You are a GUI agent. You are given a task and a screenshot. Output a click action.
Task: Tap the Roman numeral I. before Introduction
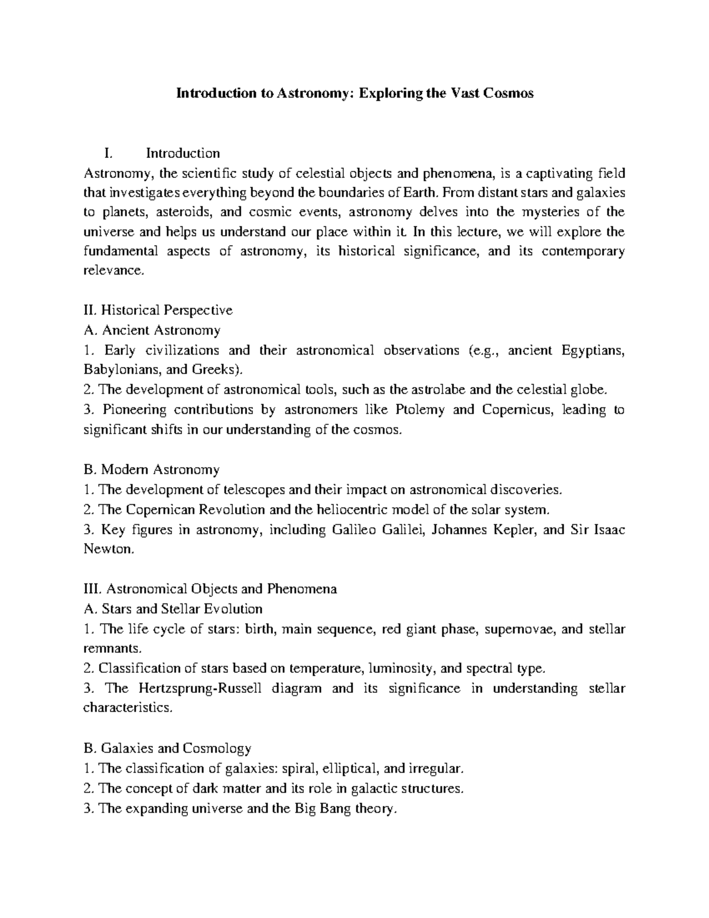[x=107, y=154]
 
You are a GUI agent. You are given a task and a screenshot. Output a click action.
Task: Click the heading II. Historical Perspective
[x=158, y=310]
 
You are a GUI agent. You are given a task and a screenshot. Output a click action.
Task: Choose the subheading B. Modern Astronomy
[x=152, y=470]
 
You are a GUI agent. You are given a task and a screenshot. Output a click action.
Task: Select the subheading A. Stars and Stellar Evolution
[x=174, y=609]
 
